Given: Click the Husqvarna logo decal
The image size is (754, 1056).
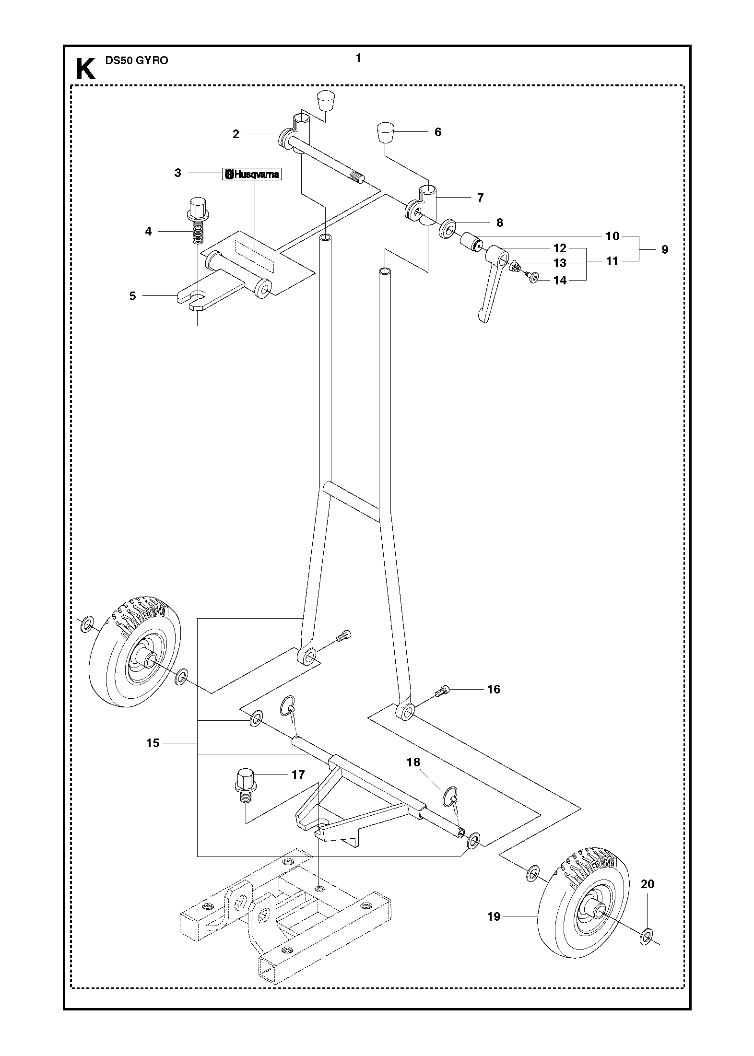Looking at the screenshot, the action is point(251,174).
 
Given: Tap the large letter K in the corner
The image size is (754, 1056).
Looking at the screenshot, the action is point(86,70).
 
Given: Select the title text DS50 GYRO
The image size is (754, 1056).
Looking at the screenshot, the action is point(137,61).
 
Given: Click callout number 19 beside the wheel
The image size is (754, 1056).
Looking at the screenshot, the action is point(494,916).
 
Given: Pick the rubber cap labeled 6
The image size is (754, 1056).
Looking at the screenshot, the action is point(385,133).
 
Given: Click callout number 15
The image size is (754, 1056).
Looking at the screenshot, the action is point(153,743).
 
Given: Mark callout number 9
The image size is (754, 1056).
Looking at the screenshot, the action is point(664,249).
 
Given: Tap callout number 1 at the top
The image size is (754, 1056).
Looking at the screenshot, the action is point(358,58).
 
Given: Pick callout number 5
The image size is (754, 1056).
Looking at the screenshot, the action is point(133,296).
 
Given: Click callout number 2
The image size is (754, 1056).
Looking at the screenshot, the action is point(236,134).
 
